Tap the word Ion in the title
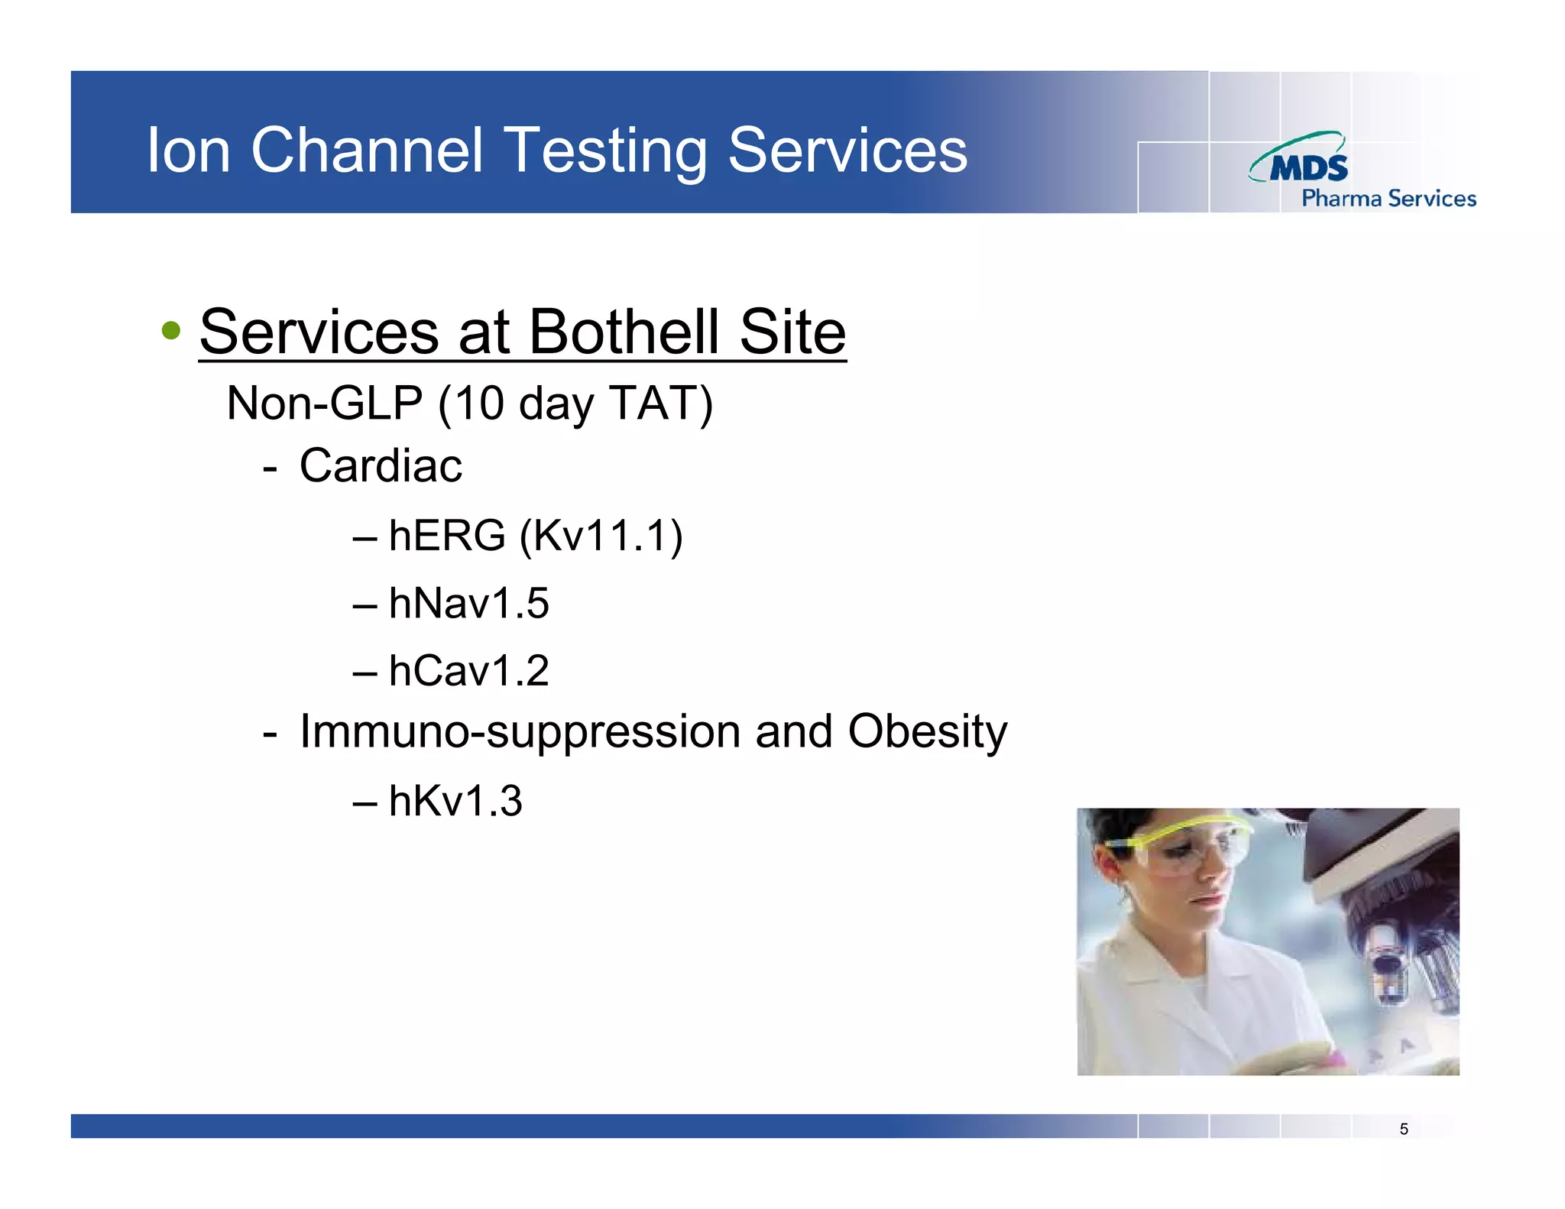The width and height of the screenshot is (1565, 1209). click(188, 151)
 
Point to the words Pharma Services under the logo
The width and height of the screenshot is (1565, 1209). click(1388, 199)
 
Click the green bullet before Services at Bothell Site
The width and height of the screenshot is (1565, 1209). click(171, 331)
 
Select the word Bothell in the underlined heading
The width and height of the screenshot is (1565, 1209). click(624, 332)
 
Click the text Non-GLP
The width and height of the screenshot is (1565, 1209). click(325, 403)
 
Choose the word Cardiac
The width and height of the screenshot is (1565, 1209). click(381, 465)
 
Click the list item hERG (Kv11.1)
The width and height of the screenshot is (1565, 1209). click(535, 535)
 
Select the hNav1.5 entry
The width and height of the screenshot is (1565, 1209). click(468, 603)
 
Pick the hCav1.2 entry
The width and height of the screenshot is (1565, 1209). click(468, 670)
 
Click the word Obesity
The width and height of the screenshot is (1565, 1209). click(927, 731)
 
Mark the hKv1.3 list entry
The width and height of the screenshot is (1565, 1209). click(455, 801)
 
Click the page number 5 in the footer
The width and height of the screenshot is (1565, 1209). click(1404, 1129)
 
